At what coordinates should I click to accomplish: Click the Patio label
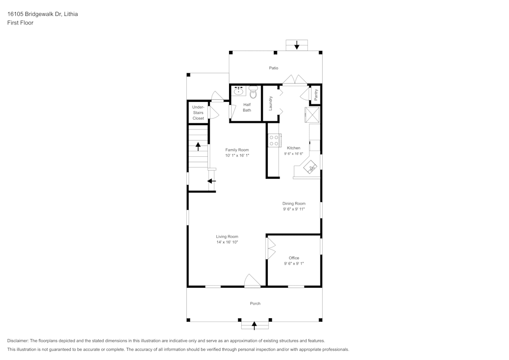(x=274, y=68)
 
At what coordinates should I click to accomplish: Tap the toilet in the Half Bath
(x=253, y=92)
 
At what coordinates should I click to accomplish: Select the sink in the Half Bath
(x=239, y=92)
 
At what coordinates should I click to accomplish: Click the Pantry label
(x=316, y=94)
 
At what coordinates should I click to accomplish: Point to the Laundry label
(x=271, y=103)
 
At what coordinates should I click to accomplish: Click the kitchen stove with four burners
(x=274, y=140)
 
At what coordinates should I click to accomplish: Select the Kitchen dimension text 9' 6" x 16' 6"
(x=294, y=154)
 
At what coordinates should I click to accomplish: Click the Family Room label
(x=237, y=150)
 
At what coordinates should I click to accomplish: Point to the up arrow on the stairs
(x=198, y=146)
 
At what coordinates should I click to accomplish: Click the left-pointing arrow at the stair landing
(x=212, y=180)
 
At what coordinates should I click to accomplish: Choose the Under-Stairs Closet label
(x=198, y=113)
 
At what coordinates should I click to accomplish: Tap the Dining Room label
(x=294, y=203)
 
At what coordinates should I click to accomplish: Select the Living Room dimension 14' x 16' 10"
(x=227, y=242)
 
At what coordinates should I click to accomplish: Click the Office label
(x=294, y=258)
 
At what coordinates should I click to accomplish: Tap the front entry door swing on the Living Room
(x=252, y=281)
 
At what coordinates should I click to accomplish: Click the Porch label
(x=255, y=303)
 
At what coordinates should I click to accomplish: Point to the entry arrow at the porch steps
(x=253, y=324)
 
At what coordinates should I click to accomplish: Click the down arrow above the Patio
(x=297, y=45)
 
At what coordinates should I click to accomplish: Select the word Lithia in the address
(x=71, y=14)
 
